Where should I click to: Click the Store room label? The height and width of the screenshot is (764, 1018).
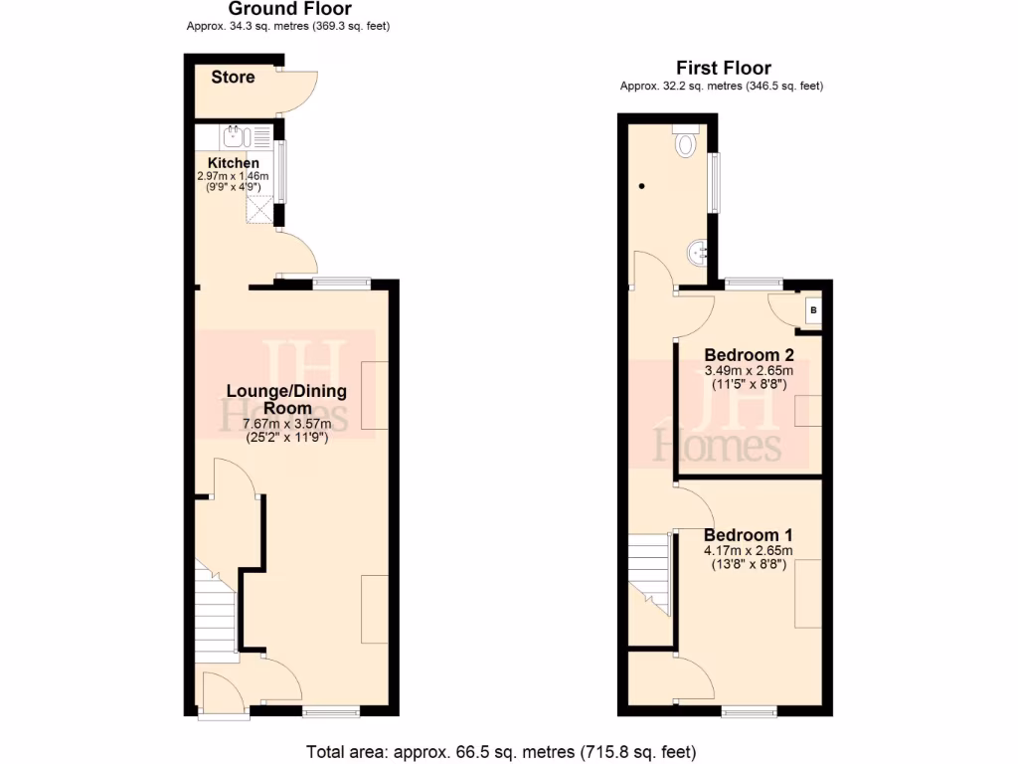(x=233, y=78)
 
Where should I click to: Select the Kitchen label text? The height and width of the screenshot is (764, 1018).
(x=234, y=163)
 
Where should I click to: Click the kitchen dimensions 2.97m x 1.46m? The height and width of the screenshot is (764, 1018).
(x=234, y=176)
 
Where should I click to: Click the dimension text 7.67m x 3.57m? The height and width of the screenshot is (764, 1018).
(x=287, y=423)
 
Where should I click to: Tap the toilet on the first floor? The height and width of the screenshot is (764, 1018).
(x=685, y=143)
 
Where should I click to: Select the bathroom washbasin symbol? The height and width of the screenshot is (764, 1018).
(x=697, y=253)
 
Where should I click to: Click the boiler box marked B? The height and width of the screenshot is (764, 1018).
(x=813, y=310)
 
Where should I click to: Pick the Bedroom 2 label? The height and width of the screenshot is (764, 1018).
(x=748, y=355)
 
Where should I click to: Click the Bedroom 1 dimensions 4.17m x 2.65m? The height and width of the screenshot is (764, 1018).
(x=748, y=551)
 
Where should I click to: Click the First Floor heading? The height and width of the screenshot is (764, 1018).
(x=723, y=69)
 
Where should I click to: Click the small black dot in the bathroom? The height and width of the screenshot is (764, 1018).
(x=641, y=186)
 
